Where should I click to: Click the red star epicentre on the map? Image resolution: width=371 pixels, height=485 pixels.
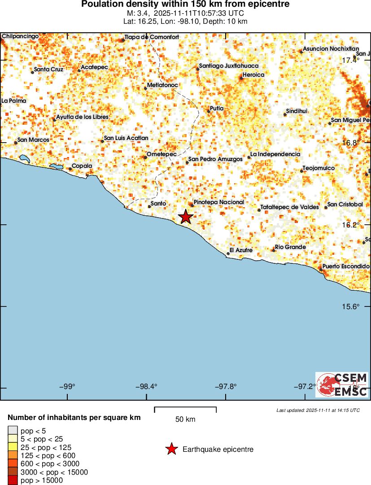point(186,217)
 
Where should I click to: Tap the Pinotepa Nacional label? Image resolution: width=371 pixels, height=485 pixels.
point(218,202)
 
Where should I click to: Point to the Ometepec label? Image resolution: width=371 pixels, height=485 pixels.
point(161,156)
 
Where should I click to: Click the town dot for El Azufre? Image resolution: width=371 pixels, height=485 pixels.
point(228,253)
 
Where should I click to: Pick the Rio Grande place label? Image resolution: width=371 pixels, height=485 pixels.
point(290,247)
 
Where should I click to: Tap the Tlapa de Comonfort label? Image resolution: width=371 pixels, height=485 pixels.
point(152,37)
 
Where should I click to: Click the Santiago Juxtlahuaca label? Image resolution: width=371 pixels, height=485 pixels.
point(228,66)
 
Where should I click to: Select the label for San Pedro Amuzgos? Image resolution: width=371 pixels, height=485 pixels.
point(215,159)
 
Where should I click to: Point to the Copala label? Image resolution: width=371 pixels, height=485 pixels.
point(82,166)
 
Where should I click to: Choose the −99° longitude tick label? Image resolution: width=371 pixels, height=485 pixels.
point(68,387)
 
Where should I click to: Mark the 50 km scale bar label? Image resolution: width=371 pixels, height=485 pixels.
point(185,419)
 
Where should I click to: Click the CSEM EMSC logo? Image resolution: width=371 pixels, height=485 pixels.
point(342,385)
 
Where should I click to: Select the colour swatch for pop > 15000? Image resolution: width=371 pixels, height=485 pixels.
point(13,481)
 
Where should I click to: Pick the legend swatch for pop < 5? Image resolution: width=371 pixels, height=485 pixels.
point(13,431)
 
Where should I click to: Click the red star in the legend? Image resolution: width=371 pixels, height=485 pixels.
point(171,449)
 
